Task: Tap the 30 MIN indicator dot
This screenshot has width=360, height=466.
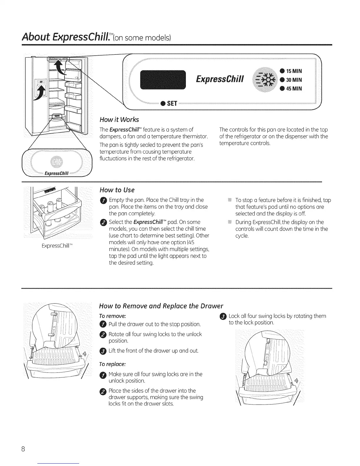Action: (282, 80)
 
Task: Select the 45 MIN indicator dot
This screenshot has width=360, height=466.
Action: (282, 89)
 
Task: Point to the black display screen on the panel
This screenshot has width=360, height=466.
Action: (162, 80)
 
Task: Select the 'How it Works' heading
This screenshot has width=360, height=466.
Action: (119, 119)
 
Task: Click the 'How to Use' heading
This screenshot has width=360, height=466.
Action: (117, 189)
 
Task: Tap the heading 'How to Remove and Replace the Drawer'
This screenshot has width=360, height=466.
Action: (161, 305)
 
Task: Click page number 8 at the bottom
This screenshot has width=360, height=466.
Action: (24, 449)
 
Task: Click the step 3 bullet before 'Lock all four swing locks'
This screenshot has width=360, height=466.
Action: (222, 317)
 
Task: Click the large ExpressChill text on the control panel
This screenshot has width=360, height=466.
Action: (218, 79)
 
